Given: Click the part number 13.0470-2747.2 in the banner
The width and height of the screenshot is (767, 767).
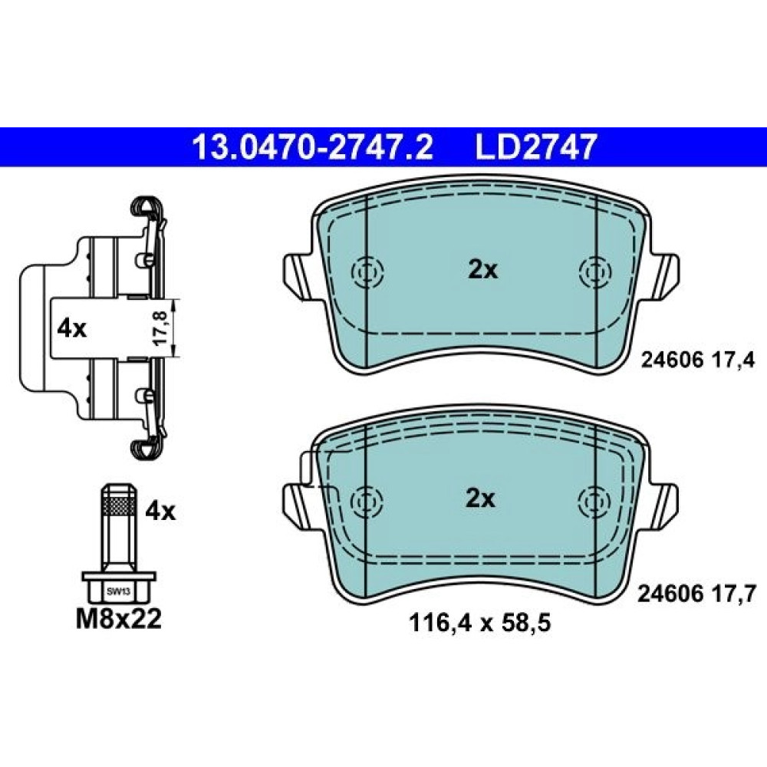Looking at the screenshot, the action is point(313,146).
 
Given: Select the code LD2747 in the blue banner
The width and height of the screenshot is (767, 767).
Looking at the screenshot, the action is point(536,146).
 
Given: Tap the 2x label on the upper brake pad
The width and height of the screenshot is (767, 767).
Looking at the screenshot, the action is point(482,270).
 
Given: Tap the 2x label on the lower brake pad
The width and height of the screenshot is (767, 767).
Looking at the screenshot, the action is point(480,499).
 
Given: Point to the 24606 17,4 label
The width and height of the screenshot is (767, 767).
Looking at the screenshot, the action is point(698,360).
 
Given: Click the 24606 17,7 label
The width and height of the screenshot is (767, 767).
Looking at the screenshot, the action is point(697,594).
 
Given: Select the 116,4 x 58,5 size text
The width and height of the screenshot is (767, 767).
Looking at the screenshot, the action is point(479,623).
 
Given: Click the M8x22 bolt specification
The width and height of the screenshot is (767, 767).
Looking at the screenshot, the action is point(119,619).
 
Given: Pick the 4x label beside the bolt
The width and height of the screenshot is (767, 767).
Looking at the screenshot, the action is point(160,512).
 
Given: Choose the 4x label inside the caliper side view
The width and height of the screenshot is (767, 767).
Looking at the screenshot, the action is point(71,329).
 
